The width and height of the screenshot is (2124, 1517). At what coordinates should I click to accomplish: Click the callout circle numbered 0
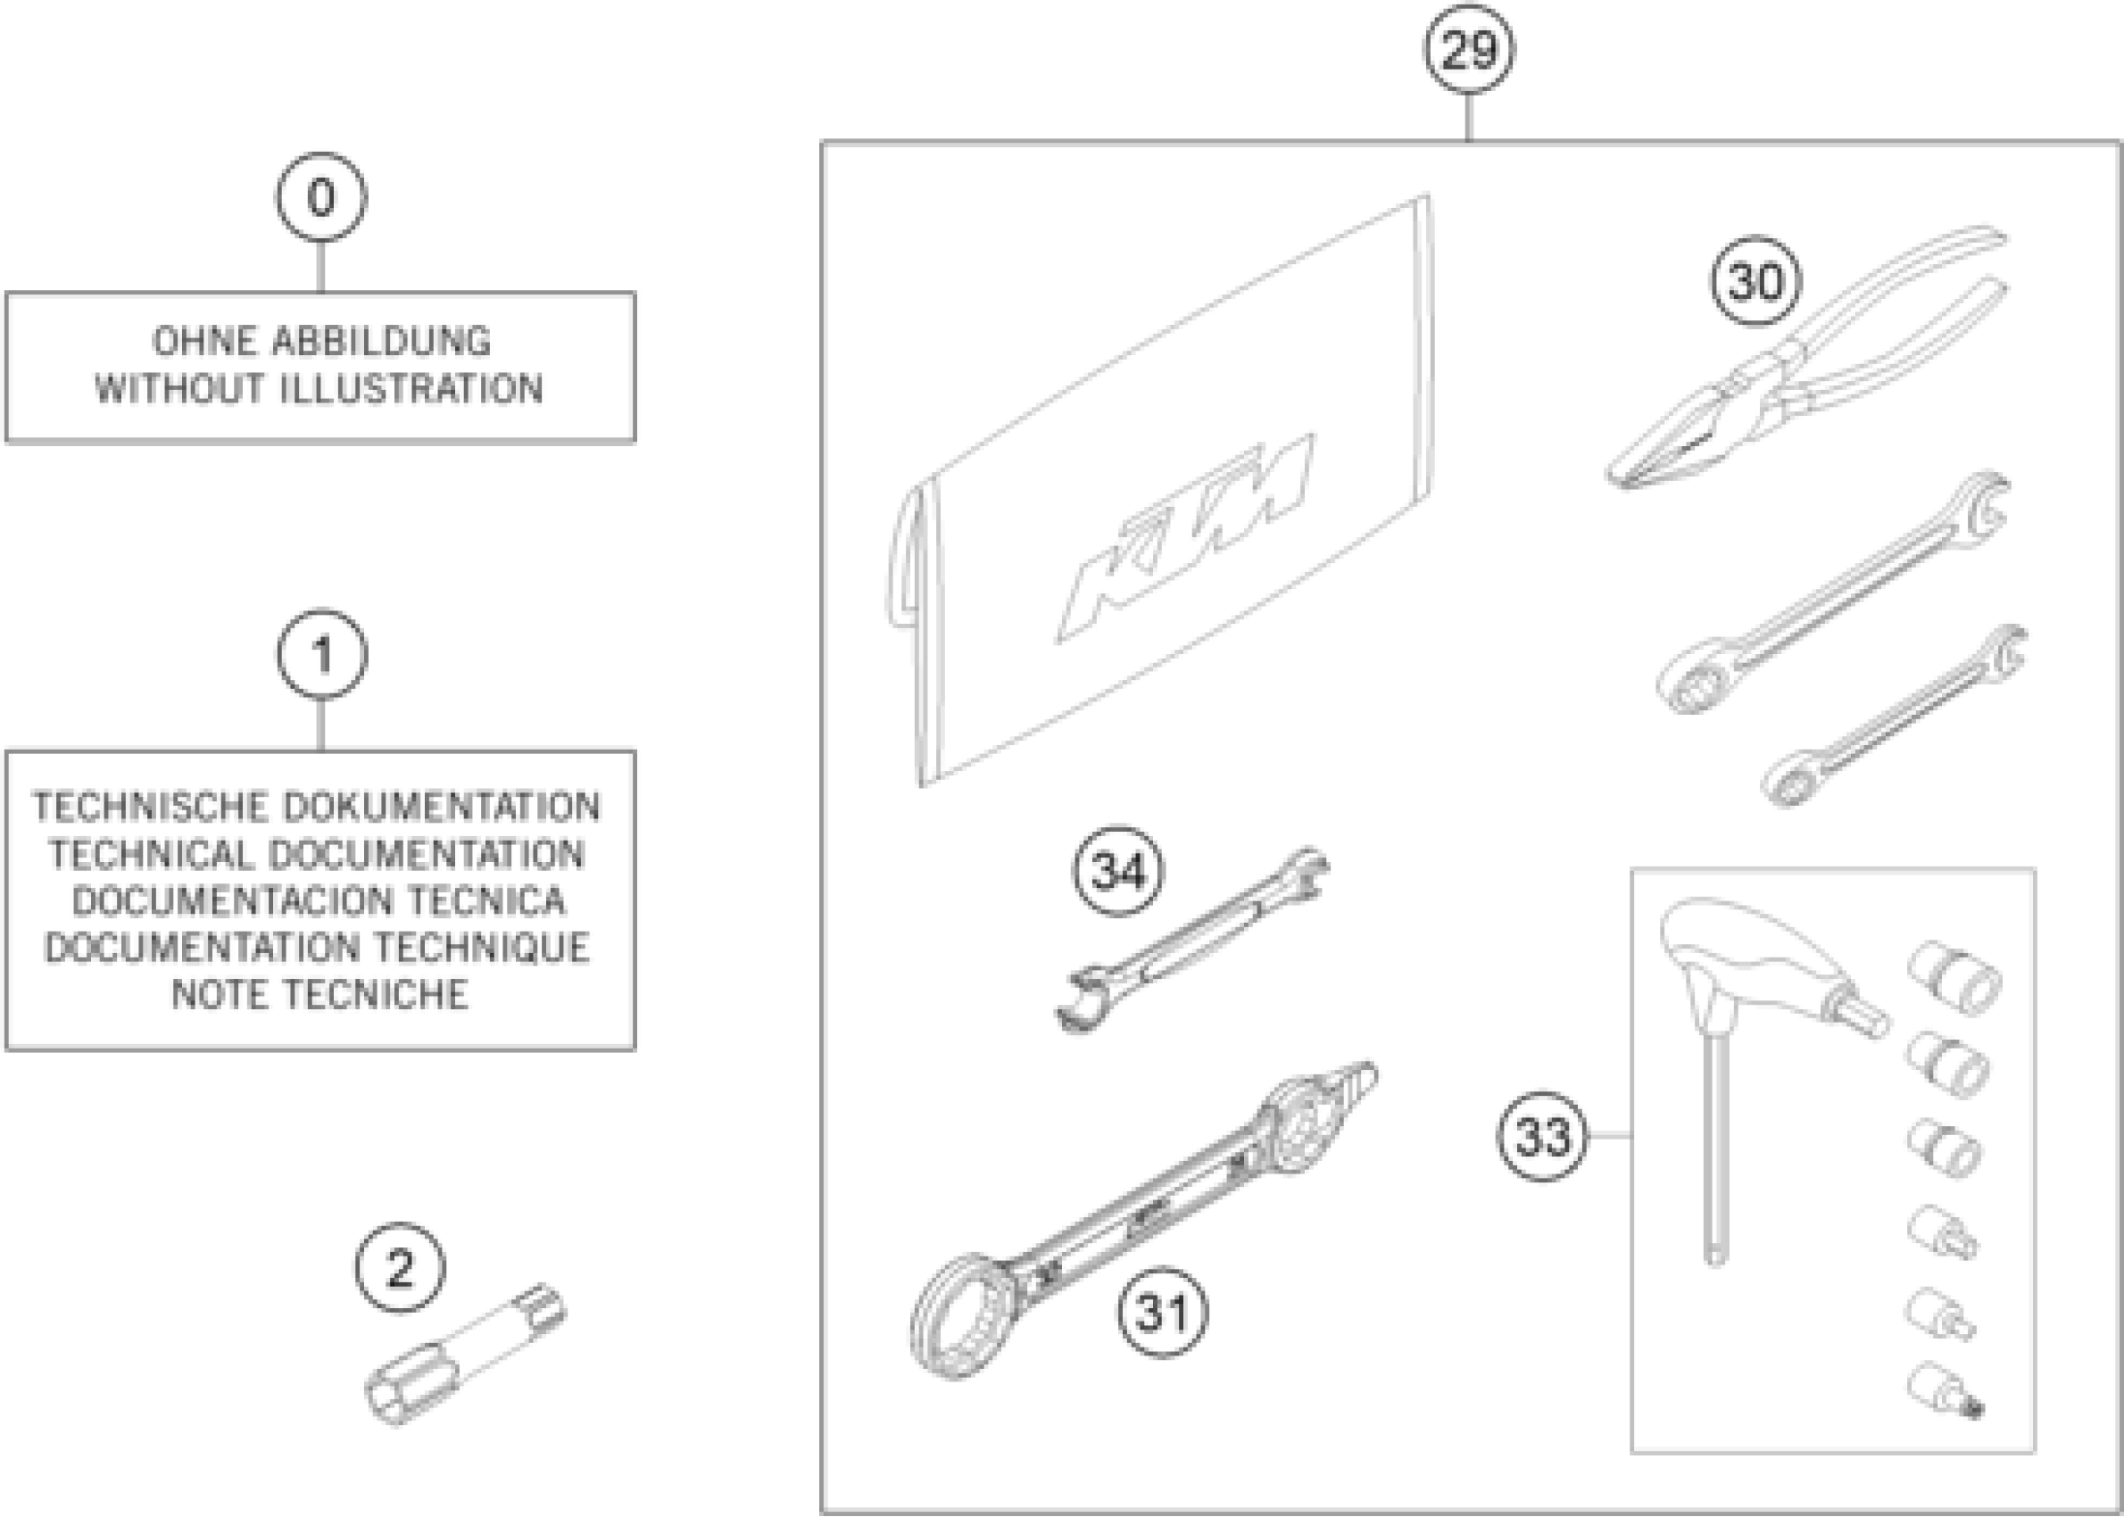[320, 198]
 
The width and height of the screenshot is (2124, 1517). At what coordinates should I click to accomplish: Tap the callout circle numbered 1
[321, 654]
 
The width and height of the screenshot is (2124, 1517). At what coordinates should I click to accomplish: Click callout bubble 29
[1468, 49]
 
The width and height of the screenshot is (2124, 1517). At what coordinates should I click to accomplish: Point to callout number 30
[1756, 281]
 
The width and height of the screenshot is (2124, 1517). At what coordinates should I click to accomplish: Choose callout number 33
[1542, 1136]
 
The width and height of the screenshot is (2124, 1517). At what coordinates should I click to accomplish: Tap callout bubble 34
[1118, 872]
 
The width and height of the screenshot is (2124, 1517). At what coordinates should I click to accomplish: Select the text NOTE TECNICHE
[319, 995]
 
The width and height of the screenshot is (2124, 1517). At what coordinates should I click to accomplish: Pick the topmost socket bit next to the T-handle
[1954, 977]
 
